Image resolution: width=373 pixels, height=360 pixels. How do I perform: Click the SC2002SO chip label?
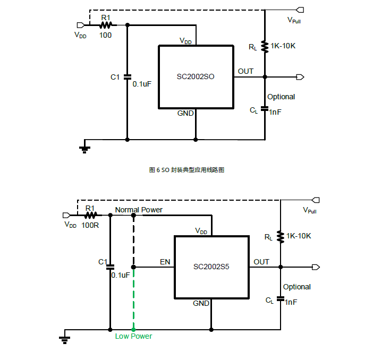(196, 76)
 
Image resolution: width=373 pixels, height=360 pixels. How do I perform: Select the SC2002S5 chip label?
(211, 267)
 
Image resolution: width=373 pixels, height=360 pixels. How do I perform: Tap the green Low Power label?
(133, 336)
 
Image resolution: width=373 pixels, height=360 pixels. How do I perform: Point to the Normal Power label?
(139, 210)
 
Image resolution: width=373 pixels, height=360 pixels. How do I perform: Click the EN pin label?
(165, 262)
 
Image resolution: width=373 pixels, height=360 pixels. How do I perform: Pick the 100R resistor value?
(90, 225)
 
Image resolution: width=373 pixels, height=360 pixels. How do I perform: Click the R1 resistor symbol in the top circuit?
(106, 25)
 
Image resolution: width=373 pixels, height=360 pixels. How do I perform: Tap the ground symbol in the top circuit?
(84, 150)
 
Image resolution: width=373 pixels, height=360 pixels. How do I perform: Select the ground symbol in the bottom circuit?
(64, 340)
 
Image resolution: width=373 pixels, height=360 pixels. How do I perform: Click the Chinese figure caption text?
(186, 170)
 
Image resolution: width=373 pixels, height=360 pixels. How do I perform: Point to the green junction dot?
(133, 330)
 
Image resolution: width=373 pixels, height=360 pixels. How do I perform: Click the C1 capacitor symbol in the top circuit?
(128, 77)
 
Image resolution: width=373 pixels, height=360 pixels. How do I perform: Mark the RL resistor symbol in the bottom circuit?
(281, 237)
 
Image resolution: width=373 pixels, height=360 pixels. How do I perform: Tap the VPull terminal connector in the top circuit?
(300, 10)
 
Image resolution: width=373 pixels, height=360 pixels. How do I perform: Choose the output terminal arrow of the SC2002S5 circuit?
(316, 267)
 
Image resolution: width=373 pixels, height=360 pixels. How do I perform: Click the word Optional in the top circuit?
(281, 97)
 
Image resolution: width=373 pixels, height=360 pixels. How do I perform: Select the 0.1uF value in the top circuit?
(142, 84)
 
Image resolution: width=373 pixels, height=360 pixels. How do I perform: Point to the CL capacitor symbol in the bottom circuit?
(281, 298)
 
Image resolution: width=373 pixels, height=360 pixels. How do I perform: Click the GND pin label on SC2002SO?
(185, 113)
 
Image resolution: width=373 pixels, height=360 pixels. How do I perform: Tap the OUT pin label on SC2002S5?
(261, 262)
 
